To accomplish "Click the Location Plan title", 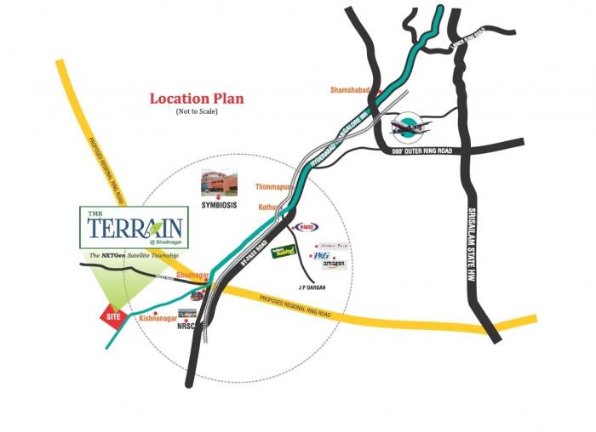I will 197,99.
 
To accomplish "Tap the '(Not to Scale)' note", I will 197,112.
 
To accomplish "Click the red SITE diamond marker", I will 112,315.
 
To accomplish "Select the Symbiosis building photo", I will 219,182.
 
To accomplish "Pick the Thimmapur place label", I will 274,185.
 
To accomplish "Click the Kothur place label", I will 271,207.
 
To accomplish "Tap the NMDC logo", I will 305,227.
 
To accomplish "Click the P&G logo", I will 322,254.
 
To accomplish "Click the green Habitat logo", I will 283,253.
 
